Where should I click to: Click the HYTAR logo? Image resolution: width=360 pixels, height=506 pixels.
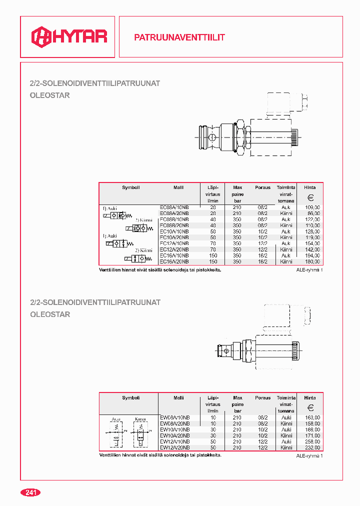click(69, 36)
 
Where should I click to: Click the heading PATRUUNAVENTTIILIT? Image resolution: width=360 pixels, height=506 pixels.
click(179, 37)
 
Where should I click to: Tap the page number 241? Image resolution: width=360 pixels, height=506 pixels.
click(30, 492)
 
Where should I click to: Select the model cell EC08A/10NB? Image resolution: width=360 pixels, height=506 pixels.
click(174, 207)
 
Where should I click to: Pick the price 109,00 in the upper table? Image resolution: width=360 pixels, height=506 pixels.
click(312, 207)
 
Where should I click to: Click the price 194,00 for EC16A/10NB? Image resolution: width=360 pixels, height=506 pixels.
click(312, 255)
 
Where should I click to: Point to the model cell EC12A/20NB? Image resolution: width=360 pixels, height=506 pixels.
click(174, 249)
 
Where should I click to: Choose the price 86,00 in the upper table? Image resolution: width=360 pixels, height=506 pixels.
click(313, 213)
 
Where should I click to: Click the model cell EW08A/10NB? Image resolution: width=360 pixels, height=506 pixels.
click(174, 417)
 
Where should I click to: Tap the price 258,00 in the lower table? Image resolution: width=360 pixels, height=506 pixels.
click(312, 441)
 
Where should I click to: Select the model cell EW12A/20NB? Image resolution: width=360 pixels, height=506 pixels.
click(174, 447)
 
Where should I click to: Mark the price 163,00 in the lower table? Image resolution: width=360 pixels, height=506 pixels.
click(312, 417)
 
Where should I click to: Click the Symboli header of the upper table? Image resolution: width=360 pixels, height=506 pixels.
click(131, 187)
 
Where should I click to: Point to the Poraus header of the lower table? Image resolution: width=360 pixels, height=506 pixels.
click(262, 398)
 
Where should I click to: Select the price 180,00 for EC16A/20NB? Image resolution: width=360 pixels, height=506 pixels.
click(312, 261)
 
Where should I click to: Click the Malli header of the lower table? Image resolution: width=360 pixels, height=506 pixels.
click(178, 398)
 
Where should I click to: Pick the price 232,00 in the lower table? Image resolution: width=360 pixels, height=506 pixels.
click(312, 447)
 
